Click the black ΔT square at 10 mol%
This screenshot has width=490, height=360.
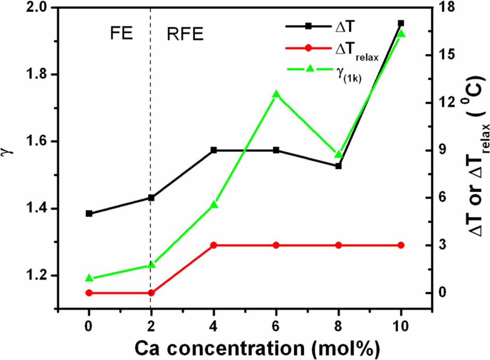pos(401,23)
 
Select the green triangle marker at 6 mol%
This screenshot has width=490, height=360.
pos(276,94)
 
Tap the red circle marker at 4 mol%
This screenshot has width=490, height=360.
pos(213,245)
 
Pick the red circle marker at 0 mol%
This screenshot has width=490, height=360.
pos(89,293)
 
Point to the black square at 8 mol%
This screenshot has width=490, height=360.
pos(338,166)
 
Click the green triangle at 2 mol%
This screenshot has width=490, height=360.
pos(151,265)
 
